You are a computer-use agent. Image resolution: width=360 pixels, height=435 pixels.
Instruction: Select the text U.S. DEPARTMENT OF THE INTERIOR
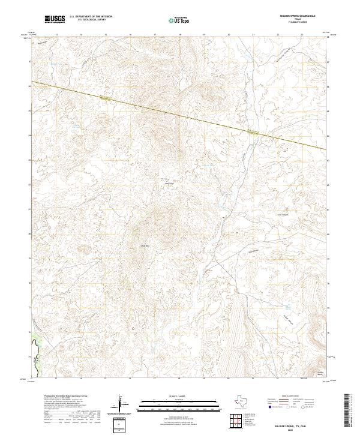coord(91,17)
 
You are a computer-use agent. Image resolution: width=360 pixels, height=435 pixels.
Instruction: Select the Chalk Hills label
coord(144,245)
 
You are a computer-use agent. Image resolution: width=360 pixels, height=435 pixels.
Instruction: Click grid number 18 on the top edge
coord(179,35)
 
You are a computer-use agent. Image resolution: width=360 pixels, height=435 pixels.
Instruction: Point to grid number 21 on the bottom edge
coord(253,379)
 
